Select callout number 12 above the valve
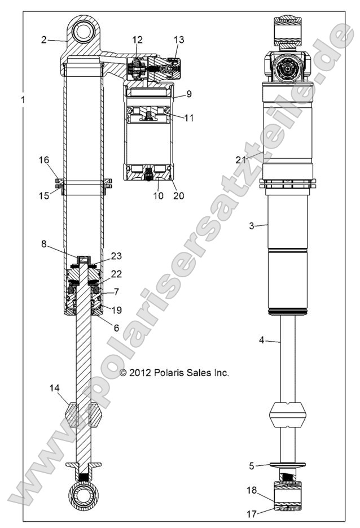[138, 40]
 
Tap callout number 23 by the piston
[117, 256]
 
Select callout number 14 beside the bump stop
[54, 389]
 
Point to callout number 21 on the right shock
[241, 160]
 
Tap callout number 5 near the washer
[252, 466]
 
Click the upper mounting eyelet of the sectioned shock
[85, 28]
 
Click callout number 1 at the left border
[23, 100]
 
